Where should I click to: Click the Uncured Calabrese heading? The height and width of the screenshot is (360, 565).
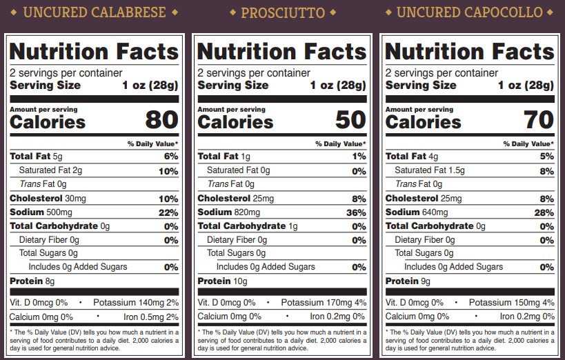click(95, 12)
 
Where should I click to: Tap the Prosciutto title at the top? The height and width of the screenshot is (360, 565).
click(283, 12)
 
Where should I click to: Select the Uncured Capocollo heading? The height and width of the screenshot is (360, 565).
click(470, 12)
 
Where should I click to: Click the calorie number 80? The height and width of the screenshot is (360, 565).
click(161, 120)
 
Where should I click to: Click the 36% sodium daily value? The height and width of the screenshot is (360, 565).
click(355, 212)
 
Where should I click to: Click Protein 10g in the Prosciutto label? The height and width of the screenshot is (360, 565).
click(222, 281)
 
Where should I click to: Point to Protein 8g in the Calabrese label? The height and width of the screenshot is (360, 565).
click(32, 281)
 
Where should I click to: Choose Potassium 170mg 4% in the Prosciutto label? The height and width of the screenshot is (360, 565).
click(324, 303)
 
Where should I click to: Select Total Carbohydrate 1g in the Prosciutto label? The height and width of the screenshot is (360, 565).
click(248, 226)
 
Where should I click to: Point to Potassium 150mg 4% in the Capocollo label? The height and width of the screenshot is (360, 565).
click(511, 303)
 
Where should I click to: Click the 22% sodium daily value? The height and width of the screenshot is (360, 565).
click(168, 212)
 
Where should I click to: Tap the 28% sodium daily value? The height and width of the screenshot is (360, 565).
click(544, 212)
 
